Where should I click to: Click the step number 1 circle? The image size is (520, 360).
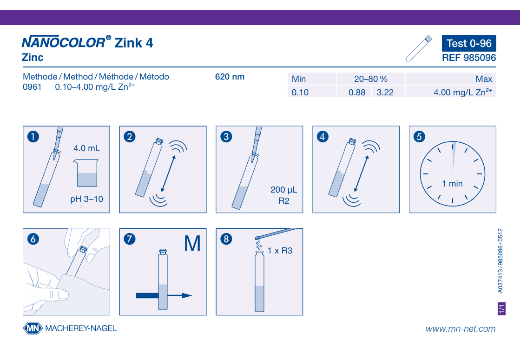pos(33,137)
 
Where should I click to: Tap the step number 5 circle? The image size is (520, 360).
pos(419,137)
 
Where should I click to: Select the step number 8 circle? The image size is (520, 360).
pos(226,239)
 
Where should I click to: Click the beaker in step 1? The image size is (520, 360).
pos(86,173)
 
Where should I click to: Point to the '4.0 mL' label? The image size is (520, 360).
pos(86,148)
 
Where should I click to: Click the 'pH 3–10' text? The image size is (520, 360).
pos(86,199)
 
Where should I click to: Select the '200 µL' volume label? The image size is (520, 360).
pos(284,190)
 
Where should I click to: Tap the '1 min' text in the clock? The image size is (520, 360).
pos(452,183)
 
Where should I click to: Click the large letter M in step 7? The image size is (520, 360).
pos(192,244)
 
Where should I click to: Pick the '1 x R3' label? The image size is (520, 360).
pos(280,251)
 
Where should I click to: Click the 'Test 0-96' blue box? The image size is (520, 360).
pos(469,43)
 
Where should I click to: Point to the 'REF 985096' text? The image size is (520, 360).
pos(469,58)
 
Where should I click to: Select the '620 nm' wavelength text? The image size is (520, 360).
pos(230,77)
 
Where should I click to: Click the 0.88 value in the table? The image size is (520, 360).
pos(357,92)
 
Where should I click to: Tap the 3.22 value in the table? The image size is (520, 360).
pos(385,92)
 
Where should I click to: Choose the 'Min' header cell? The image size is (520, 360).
pos(312,79)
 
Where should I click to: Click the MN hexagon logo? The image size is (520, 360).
pos(33,328)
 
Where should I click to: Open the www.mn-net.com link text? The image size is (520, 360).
pos(461,329)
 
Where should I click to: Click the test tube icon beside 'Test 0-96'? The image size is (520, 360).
pos(419,48)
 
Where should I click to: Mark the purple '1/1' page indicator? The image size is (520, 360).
pos(502,308)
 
